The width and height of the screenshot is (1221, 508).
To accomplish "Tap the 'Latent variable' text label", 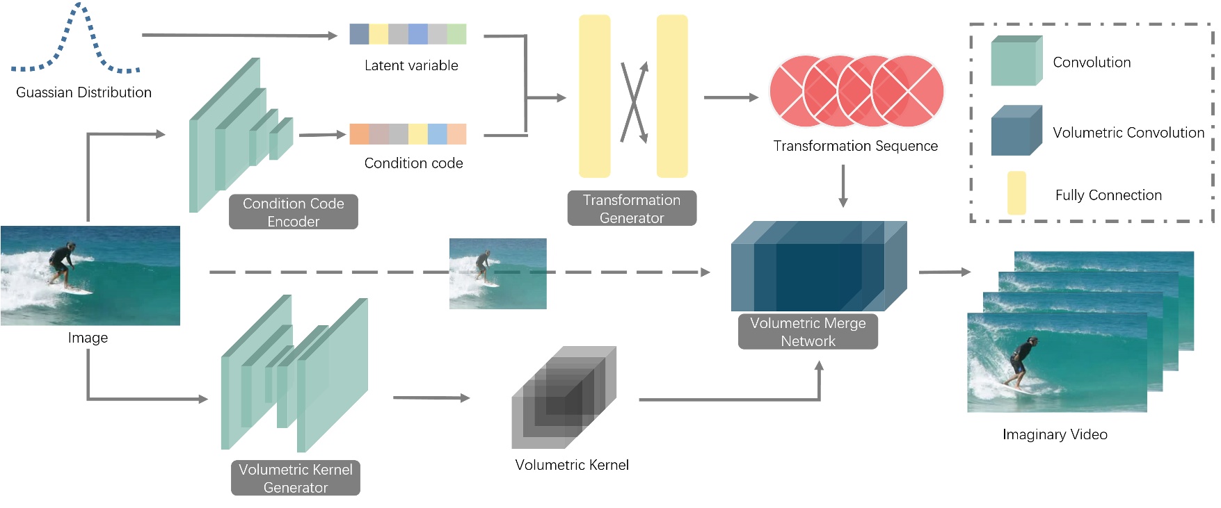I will coord(411,65).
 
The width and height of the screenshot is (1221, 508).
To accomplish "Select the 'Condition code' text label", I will coord(413,163).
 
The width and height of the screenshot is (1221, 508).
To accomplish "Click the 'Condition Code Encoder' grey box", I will coord(293,212).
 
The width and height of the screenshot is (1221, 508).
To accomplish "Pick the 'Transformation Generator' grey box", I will coord(631,208).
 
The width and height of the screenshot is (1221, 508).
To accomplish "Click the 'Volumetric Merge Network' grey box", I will coord(807,332).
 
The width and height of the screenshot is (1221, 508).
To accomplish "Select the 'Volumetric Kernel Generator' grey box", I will coord(295,478).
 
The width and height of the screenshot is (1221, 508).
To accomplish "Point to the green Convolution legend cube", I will coord(1016,61).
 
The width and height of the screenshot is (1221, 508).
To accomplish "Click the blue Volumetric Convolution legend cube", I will coord(1016,131).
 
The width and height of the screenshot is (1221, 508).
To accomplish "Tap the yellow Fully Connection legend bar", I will coord(1016,192).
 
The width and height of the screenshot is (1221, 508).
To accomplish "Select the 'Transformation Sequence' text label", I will coord(855,146).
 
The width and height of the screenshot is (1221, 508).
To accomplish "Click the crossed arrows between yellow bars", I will coord(634,102).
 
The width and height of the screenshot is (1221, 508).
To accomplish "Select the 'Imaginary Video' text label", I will coord(1054,434).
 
